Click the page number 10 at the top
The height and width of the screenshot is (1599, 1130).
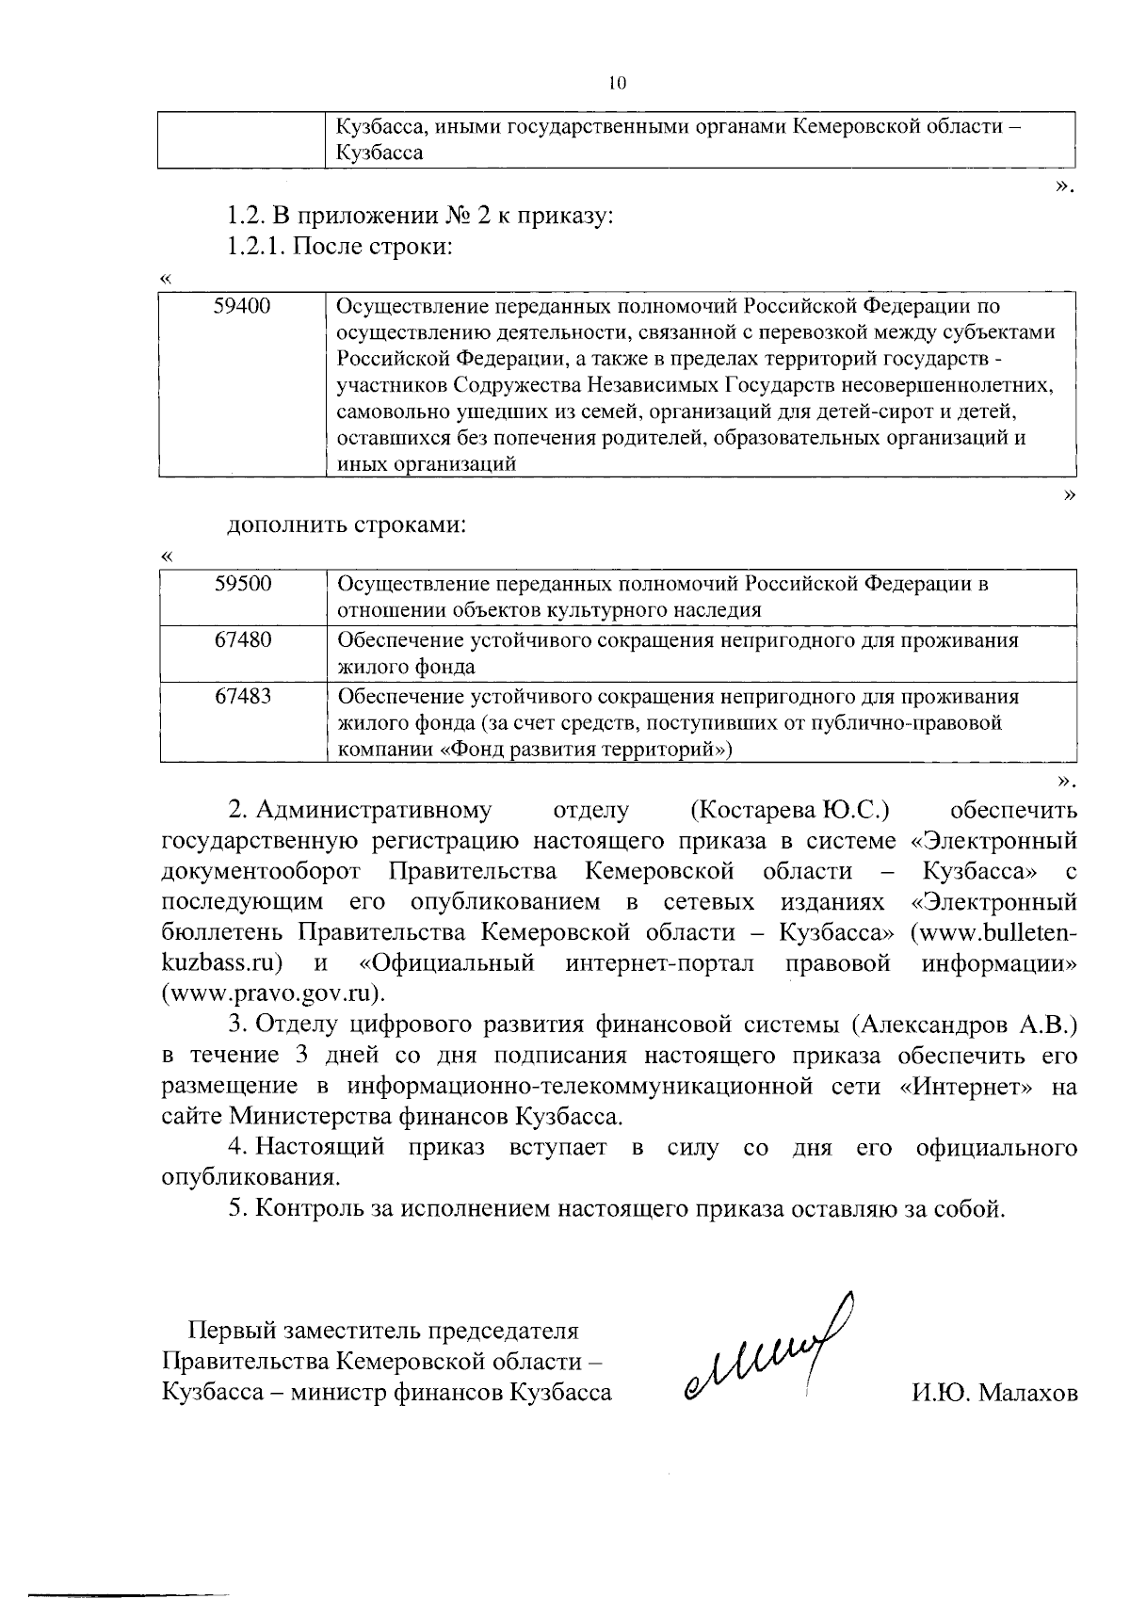point(617,83)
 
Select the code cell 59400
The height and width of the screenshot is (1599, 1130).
point(243,306)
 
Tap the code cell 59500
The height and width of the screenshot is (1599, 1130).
point(243,583)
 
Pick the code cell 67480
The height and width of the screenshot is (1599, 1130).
point(243,640)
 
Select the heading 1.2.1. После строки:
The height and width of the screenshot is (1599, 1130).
point(341,247)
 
